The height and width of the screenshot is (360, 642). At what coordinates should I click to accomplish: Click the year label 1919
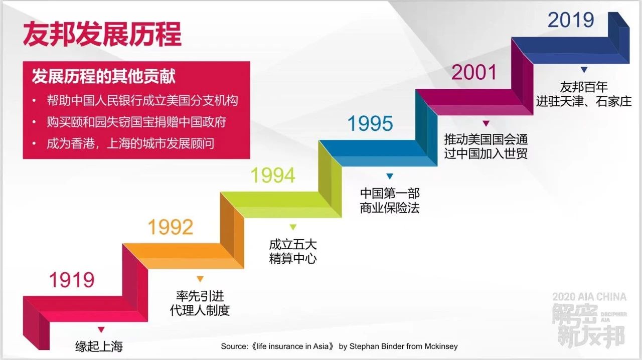(x=72, y=280)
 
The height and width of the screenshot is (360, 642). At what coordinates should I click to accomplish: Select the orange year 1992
(x=171, y=227)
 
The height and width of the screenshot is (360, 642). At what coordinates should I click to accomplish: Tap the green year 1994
(x=273, y=175)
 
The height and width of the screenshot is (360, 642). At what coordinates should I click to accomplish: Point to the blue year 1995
(x=370, y=123)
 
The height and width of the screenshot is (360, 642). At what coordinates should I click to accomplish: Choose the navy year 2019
(x=571, y=20)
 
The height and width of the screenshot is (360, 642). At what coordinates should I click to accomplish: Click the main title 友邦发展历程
(x=102, y=34)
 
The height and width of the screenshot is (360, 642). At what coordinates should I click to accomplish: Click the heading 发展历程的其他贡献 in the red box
(x=103, y=76)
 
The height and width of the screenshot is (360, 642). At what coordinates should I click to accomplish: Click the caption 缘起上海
(x=99, y=346)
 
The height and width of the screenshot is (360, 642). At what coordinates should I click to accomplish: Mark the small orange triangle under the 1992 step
(x=200, y=279)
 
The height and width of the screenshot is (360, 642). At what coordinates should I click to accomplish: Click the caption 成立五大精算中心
(x=293, y=252)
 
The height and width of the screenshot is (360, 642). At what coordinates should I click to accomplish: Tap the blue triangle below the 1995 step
(x=390, y=176)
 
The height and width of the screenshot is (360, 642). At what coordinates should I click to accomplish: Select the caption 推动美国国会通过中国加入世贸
(x=486, y=146)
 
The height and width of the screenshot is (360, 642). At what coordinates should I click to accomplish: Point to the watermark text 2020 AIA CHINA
(x=589, y=297)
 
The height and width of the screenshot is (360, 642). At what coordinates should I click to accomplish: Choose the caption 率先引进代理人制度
(x=200, y=303)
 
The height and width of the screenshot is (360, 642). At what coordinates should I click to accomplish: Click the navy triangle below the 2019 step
(x=584, y=70)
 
